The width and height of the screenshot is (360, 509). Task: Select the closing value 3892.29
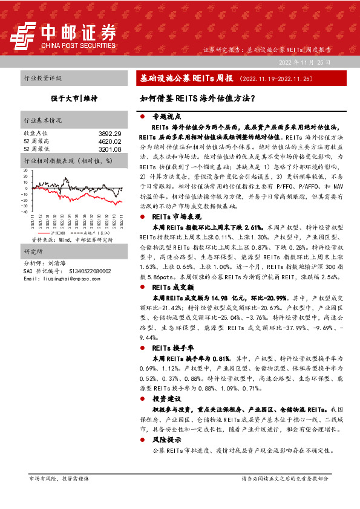110,133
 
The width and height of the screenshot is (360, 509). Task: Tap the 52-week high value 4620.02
110,141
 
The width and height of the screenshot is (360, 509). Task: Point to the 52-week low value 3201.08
110,149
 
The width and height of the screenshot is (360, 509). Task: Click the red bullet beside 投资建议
142,399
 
